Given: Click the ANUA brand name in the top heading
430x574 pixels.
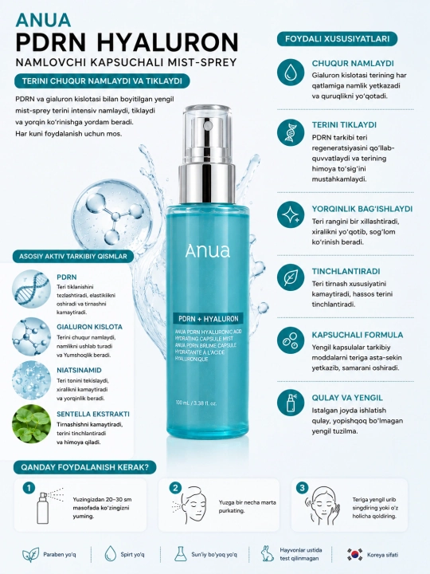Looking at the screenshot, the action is pyautogui.click(x=43, y=20).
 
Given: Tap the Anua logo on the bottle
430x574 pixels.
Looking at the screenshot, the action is pyautogui.click(x=207, y=251).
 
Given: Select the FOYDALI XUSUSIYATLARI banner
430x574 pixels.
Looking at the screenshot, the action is pyautogui.click(x=337, y=39).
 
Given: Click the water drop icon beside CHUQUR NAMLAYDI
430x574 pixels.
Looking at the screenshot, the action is pyautogui.click(x=291, y=72).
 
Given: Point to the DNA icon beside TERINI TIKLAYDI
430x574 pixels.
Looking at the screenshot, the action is pyautogui.click(x=291, y=132).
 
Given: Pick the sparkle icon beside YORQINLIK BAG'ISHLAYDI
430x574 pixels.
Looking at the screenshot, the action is pyautogui.click(x=291, y=215).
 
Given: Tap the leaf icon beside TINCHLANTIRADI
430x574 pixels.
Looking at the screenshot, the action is pyautogui.click(x=291, y=277).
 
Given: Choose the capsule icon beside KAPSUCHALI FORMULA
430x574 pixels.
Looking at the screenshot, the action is pyautogui.click(x=291, y=340).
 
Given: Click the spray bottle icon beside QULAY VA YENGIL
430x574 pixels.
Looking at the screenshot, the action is pyautogui.click(x=291, y=403).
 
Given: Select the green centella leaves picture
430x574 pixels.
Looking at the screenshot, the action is pyautogui.click(x=31, y=423).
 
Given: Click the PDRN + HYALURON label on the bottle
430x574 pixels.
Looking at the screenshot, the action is pyautogui.click(x=208, y=318).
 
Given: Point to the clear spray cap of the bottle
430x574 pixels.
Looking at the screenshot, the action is pyautogui.click(x=207, y=135).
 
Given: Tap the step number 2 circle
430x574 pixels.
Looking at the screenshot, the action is pyautogui.click(x=175, y=488).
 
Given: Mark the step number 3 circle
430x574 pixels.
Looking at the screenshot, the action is pyautogui.click(x=302, y=488).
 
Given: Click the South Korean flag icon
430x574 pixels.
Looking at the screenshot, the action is pyautogui.click(x=354, y=555).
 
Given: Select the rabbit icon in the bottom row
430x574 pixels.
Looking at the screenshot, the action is pyautogui.click(x=268, y=553).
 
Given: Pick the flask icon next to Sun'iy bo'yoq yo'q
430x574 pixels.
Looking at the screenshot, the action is pyautogui.click(x=180, y=554).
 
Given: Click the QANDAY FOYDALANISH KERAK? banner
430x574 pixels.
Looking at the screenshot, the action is pyautogui.click(x=85, y=467).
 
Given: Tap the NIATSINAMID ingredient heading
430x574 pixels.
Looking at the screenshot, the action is pyautogui.click(x=79, y=370).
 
